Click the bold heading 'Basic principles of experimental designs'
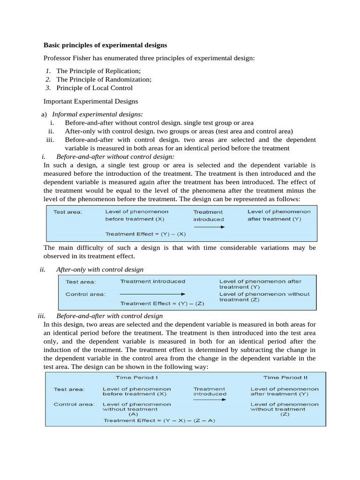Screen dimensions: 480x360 tap(105, 45)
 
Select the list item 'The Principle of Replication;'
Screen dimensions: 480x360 tap(98, 71)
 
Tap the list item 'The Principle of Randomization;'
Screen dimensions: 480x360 tap(104, 79)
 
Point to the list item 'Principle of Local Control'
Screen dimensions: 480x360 tap(94, 88)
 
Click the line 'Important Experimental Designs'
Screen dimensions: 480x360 tap(90, 101)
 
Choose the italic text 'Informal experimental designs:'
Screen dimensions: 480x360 tap(97, 114)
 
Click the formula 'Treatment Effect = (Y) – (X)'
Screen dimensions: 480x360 tap(145, 234)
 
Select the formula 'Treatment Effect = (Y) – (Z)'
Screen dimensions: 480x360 tap(162, 303)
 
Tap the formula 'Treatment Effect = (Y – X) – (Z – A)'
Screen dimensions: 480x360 tap(159, 420)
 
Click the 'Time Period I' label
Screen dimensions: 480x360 tap(136, 377)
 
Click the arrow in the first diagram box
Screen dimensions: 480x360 tap(210, 227)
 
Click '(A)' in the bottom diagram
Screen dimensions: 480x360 tap(134, 414)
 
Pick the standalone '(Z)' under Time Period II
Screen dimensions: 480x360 tap(285, 414)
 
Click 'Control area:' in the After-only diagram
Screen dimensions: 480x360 tap(85, 294)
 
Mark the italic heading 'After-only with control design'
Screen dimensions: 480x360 tap(100, 270)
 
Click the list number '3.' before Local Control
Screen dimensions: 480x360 tap(48, 88)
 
